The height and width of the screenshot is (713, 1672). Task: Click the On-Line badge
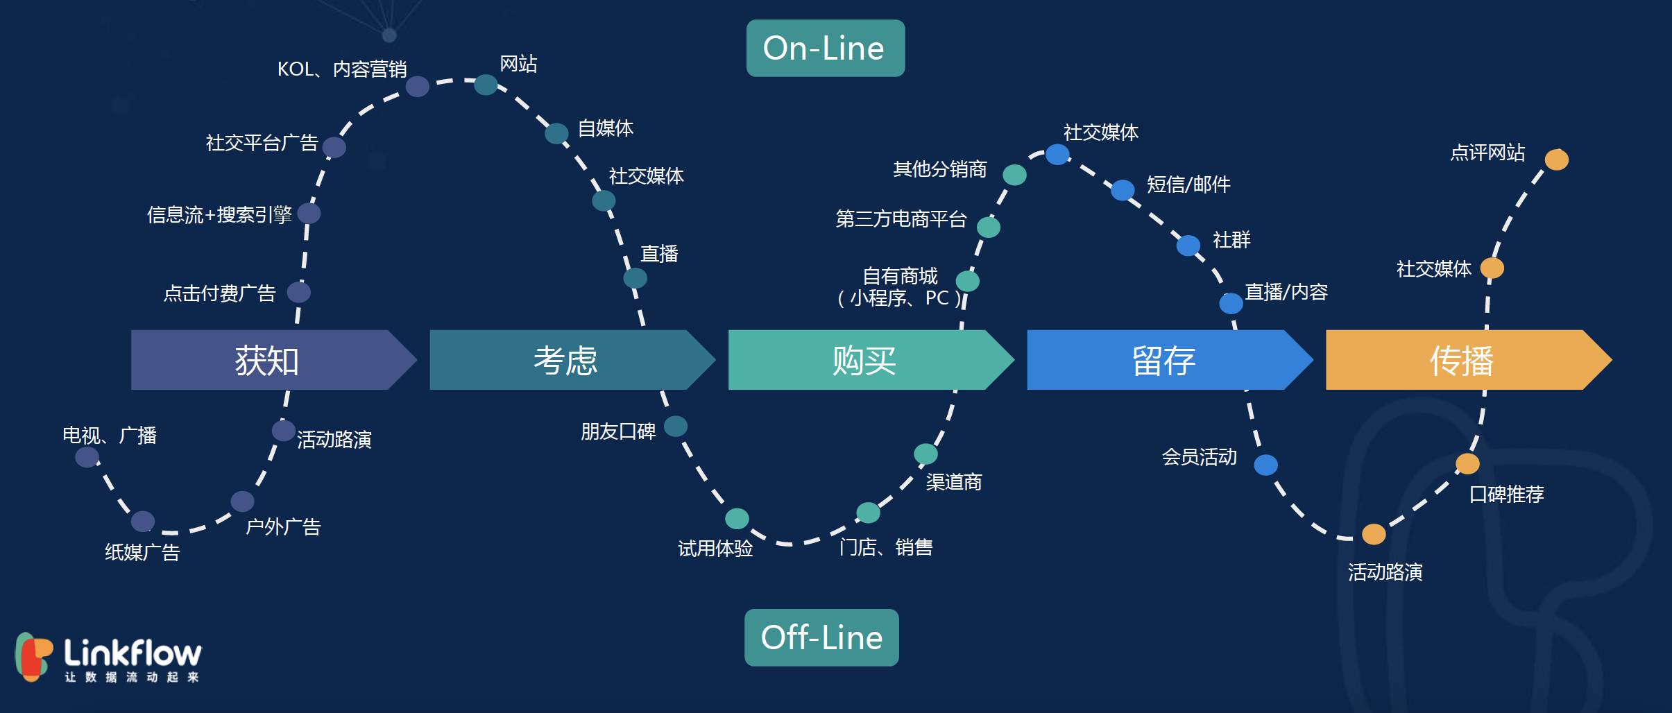coord(825,49)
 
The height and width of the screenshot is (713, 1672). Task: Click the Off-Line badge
coord(821,637)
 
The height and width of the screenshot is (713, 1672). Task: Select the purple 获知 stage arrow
coord(267,360)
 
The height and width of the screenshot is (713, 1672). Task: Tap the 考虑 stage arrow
coord(565,360)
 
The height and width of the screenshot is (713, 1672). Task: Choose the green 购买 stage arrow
coord(864,360)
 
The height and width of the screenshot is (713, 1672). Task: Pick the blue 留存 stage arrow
coord(1163,360)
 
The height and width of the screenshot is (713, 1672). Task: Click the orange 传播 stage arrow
coord(1461,360)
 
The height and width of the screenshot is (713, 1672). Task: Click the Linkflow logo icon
coord(33,655)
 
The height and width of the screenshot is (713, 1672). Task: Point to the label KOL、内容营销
coord(342,69)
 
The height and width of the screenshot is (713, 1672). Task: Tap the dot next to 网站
coord(486,85)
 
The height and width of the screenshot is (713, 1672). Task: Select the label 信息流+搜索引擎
coord(219,215)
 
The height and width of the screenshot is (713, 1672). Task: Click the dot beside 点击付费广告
coord(299,292)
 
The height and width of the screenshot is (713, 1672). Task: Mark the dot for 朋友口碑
coord(676,426)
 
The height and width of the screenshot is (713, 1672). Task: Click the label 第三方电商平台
coord(901,219)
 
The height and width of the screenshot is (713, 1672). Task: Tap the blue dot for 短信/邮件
coord(1123,189)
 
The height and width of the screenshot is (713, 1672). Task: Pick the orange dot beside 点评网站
coord(1556,160)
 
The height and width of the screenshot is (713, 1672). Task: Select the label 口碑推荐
coord(1506,495)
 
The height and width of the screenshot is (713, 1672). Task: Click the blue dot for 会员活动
coord(1265,465)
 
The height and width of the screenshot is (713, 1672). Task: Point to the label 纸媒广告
coord(142,553)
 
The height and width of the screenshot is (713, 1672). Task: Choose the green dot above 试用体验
coord(737,518)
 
